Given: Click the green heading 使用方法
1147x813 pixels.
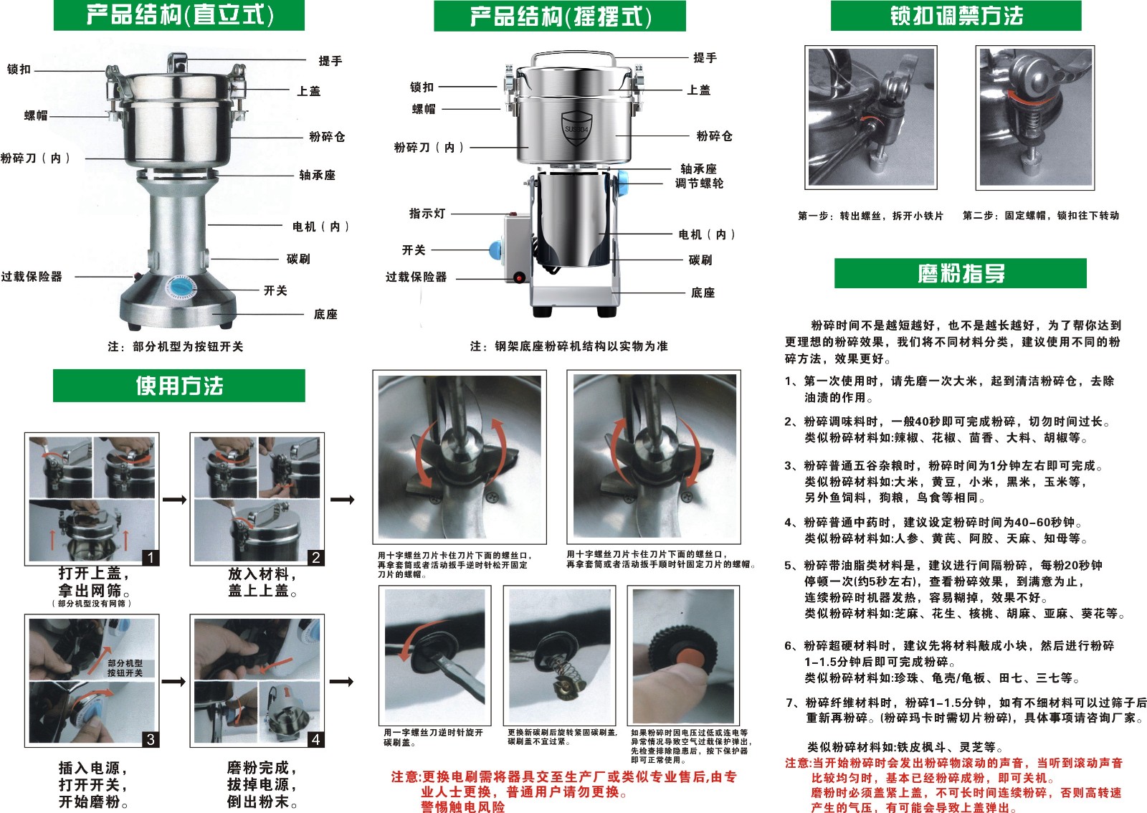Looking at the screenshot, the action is [x=179, y=386].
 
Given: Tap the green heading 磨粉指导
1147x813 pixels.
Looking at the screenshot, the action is [x=961, y=273].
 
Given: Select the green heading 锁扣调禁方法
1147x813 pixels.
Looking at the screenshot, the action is [x=956, y=15].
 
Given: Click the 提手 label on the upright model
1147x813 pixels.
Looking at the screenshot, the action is [x=330, y=61].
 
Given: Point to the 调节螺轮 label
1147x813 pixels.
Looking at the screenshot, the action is [x=699, y=184].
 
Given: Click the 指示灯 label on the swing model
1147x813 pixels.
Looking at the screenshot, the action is [x=427, y=214].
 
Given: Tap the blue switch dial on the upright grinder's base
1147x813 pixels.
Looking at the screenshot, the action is [x=180, y=287].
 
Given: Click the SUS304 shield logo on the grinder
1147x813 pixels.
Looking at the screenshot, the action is [x=576, y=128].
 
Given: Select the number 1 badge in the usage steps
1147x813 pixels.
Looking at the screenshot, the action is [x=151, y=558].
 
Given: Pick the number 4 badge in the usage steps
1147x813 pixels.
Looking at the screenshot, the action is [x=316, y=739].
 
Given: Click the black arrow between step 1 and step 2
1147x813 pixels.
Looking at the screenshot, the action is [x=175, y=500].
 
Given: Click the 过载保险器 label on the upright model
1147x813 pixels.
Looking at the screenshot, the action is [x=32, y=277].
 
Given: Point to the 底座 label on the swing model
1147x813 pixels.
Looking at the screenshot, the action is [x=703, y=293].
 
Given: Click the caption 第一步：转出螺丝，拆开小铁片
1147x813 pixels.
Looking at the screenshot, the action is [x=870, y=216].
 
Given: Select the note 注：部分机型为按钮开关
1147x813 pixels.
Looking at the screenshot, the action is [x=176, y=346].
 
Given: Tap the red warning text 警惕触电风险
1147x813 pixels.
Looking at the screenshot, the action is [x=463, y=807].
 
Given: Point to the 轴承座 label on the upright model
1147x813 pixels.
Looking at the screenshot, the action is [x=317, y=175].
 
